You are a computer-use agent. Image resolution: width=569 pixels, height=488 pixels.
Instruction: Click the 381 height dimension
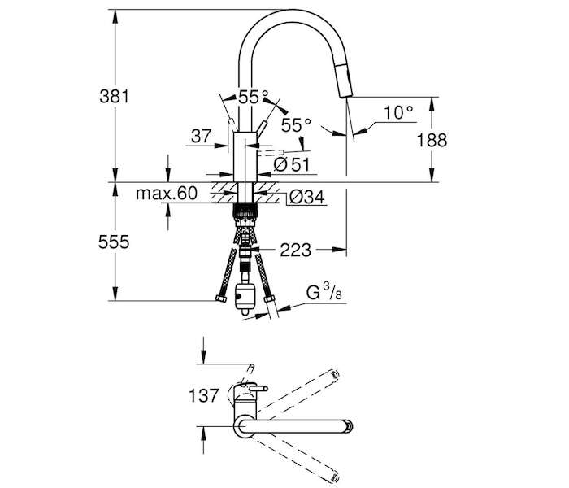tap(115, 97)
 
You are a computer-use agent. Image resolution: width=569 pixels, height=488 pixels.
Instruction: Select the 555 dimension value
tap(114, 242)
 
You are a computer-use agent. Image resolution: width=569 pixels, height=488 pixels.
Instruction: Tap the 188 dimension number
tap(432, 140)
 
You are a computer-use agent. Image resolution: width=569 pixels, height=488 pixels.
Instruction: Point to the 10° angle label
tap(398, 113)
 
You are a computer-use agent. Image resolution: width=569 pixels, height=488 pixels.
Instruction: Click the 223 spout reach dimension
tap(295, 251)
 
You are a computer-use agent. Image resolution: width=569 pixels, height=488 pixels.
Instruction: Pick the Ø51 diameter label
tap(292, 164)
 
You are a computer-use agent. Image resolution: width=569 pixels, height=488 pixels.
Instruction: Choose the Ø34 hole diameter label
tap(307, 197)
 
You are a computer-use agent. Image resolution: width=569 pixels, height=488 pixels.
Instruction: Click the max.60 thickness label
tap(167, 194)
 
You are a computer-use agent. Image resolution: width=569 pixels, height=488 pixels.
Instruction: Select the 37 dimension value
tap(202, 137)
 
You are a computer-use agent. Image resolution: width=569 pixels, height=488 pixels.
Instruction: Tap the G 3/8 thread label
tap(324, 293)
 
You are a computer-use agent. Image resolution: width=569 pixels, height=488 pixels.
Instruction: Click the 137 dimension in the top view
tap(204, 395)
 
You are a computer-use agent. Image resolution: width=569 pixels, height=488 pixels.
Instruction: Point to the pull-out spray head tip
tap(345, 94)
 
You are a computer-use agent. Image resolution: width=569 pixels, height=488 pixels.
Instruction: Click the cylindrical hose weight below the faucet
tap(245, 298)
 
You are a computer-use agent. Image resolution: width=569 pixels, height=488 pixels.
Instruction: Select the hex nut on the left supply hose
tap(220, 298)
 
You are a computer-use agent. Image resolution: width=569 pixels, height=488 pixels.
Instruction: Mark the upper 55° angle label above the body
tap(254, 97)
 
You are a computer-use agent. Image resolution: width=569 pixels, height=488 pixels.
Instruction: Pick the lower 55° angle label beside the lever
tap(296, 125)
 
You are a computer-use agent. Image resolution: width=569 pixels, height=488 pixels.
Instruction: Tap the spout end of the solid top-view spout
tap(349, 426)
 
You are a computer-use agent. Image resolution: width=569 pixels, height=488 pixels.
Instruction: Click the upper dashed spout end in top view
tap(334, 374)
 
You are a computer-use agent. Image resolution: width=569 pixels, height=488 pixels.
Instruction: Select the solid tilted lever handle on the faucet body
tap(261, 129)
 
